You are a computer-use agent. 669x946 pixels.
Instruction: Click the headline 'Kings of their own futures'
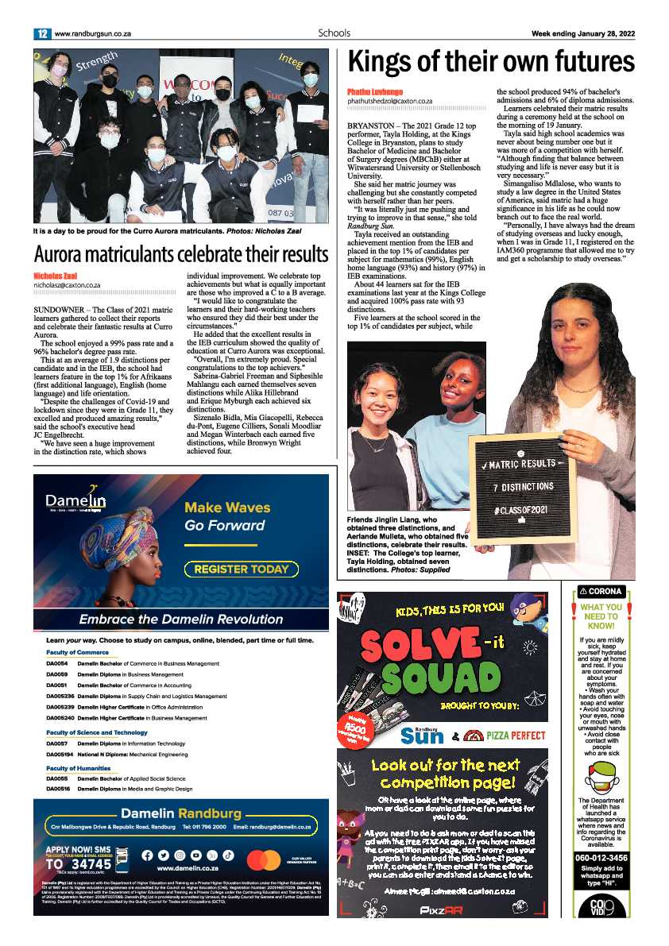click(x=491, y=62)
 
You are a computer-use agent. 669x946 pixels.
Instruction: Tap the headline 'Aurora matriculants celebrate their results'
click(x=180, y=254)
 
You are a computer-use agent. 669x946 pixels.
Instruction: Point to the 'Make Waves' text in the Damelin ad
click(x=227, y=508)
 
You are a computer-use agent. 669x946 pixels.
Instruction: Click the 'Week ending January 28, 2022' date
click(x=583, y=33)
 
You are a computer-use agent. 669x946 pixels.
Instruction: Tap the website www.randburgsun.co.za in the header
click(x=92, y=33)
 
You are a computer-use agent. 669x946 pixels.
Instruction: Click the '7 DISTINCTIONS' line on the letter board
click(x=522, y=486)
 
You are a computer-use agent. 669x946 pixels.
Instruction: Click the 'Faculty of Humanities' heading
click(x=78, y=768)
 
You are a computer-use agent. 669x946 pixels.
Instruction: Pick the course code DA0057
click(x=57, y=743)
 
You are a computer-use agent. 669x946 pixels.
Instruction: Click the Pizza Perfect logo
click(x=505, y=735)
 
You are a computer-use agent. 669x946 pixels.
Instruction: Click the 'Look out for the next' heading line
click(x=444, y=766)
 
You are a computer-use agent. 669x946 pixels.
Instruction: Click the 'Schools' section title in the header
click(x=334, y=33)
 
